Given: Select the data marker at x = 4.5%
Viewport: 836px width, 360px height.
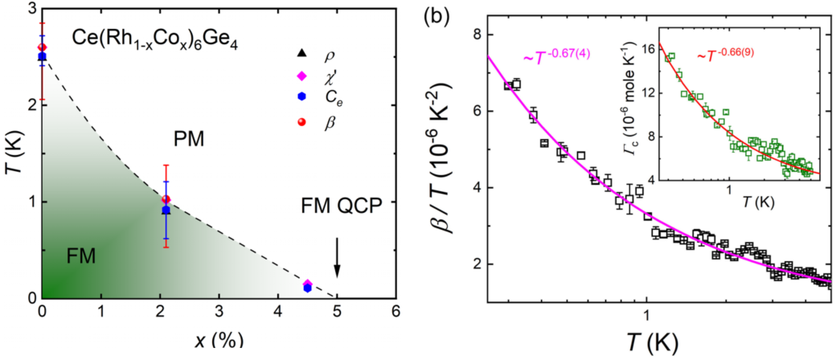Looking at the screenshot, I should tap(307, 286).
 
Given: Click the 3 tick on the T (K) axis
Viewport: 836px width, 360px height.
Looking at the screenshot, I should tap(30, 9).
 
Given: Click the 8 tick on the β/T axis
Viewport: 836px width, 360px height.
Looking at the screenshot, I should tap(475, 35).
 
